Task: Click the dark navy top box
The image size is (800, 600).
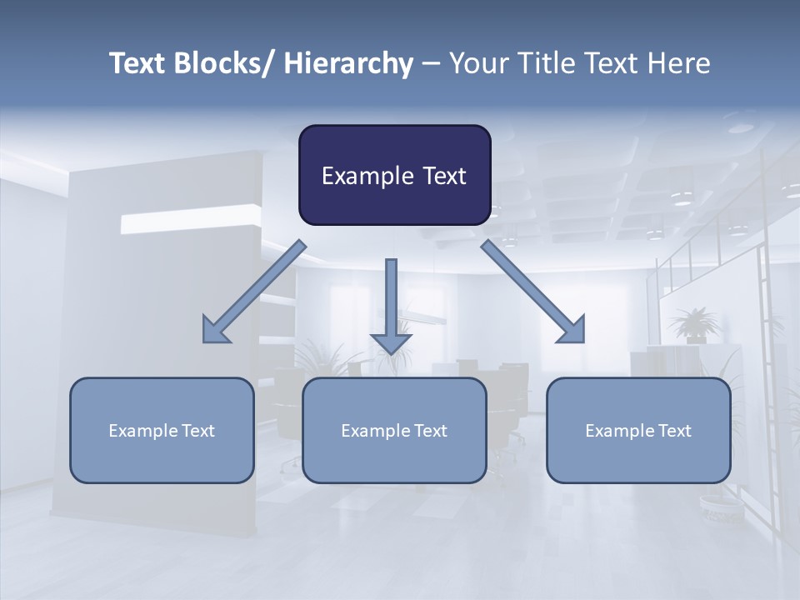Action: (x=394, y=175)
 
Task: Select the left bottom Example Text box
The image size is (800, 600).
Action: (x=161, y=430)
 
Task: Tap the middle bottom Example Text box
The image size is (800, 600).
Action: (x=393, y=430)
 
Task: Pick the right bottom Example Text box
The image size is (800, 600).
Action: (x=638, y=430)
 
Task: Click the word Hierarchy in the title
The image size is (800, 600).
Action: (x=347, y=63)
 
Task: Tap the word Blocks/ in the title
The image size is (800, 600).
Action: (x=223, y=63)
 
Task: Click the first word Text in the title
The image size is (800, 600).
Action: (x=137, y=63)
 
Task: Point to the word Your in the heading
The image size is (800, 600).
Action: (x=478, y=63)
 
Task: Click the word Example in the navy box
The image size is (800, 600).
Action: (x=363, y=176)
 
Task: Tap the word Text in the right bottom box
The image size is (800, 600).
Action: (x=673, y=431)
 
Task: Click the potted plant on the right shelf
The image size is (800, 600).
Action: (x=691, y=325)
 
